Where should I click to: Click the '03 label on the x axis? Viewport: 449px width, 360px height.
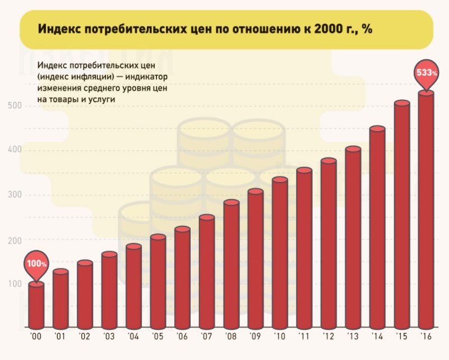click(x=109, y=338)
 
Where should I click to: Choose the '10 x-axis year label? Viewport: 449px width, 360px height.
click(x=279, y=338)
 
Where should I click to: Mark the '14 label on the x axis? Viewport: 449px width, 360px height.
click(x=377, y=338)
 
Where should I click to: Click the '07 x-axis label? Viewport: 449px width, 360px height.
click(x=206, y=338)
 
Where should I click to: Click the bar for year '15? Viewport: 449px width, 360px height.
click(x=401, y=216)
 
